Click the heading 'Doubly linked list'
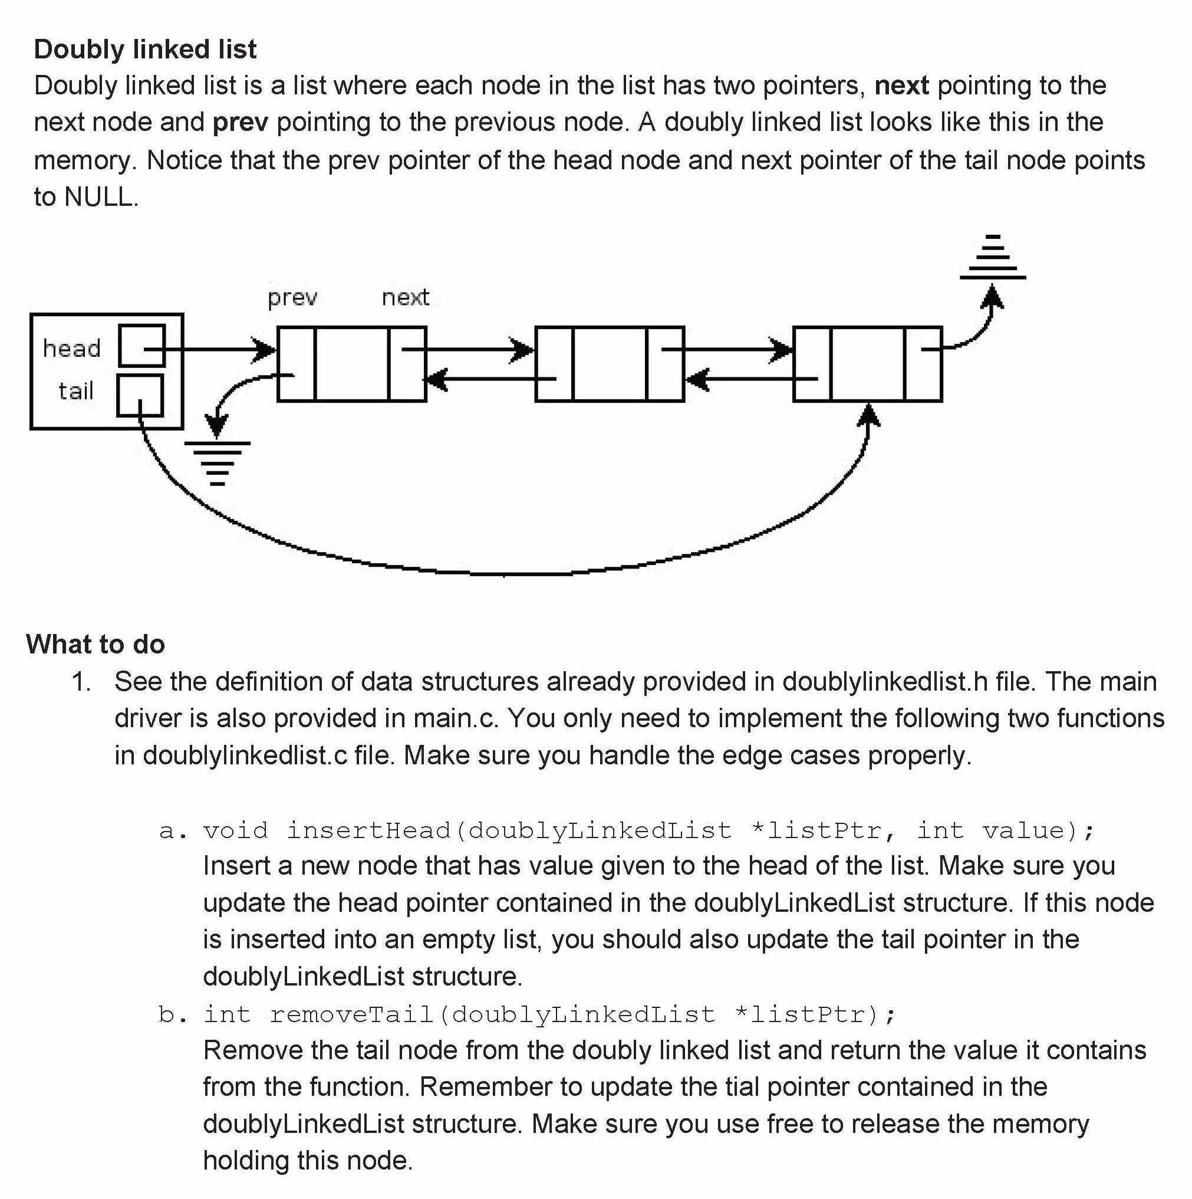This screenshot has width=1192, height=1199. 144,50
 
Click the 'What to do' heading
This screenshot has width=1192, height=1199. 96,644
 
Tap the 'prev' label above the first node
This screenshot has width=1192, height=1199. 292,298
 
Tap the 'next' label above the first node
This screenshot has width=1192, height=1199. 405,298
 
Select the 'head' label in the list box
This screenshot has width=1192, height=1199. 72,349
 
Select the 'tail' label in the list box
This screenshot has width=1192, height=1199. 75,392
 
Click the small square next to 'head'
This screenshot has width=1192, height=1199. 142,346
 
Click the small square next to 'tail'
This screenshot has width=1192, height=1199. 140,395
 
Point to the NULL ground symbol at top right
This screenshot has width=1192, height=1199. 992,258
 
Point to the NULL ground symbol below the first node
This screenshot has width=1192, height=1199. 217,462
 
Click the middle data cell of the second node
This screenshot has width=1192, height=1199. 610,364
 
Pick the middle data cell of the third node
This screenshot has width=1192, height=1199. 868,364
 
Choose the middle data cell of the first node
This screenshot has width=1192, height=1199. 352,364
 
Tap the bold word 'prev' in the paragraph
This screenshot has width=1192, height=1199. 240,123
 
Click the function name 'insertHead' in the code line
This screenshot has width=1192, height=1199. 368,830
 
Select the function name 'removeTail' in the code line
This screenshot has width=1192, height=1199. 351,1014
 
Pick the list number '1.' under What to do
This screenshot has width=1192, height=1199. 81,682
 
